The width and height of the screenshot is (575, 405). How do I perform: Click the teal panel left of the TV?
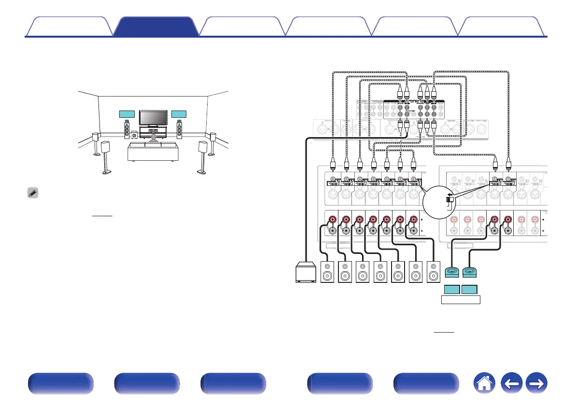[127, 114]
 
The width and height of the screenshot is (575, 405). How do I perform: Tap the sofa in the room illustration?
[153, 152]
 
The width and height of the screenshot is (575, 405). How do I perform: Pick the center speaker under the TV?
[154, 131]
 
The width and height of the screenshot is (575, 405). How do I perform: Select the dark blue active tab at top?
[156, 27]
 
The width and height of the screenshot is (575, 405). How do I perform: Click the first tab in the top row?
[69, 27]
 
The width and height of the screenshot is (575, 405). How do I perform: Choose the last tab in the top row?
[501, 27]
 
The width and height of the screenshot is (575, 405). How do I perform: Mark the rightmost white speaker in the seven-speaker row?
[435, 272]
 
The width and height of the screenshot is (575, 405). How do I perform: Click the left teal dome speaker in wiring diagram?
[452, 273]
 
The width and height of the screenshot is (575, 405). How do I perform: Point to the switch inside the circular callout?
[449, 199]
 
